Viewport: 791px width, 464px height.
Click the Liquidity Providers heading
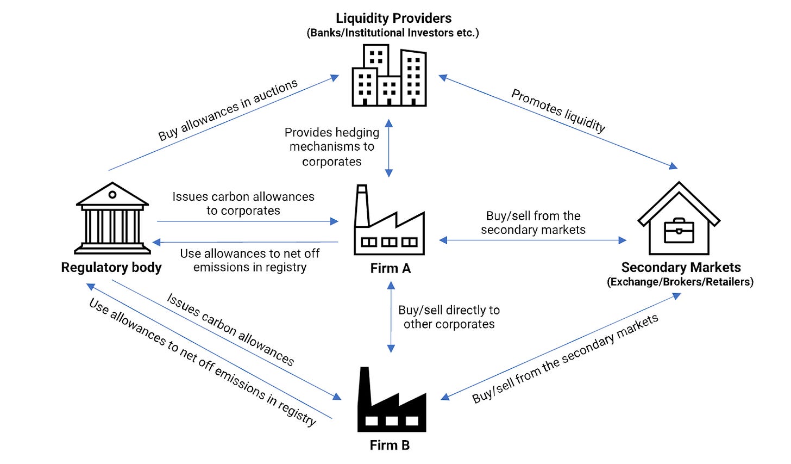point(393,18)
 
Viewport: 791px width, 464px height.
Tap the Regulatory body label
point(111,268)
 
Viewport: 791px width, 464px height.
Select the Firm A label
point(391,268)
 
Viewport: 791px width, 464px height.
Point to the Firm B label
point(390,445)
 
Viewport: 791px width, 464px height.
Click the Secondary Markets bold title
point(681,268)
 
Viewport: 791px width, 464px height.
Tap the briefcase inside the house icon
point(679,231)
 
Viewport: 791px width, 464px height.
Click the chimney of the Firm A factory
point(362,206)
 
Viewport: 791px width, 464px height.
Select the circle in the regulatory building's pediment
point(112,195)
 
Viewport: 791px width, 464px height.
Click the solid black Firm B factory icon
point(392,399)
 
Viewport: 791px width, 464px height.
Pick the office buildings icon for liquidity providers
point(389,75)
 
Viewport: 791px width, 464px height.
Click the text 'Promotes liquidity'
point(558,110)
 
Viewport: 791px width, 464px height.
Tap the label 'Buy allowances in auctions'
point(228,110)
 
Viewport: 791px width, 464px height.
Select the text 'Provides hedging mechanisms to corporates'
point(332,147)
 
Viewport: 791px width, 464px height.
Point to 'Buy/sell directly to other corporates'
point(449,317)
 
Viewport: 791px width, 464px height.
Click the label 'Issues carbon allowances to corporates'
point(243,203)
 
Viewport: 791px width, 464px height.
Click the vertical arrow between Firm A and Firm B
point(391,317)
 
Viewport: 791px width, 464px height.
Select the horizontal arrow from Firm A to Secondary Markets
point(532,240)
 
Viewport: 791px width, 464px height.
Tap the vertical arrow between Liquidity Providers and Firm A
point(389,148)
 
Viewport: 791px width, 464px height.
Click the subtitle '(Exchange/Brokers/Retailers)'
point(680,282)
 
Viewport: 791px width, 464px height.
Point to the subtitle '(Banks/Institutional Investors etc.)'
point(393,33)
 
